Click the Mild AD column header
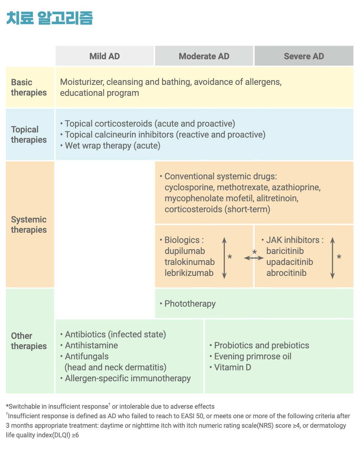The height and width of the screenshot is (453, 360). (x=105, y=56)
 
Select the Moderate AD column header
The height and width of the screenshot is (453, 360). (x=204, y=56)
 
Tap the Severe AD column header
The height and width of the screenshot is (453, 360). (x=304, y=56)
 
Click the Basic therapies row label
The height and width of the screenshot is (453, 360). (x=29, y=87)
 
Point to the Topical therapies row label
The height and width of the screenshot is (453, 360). (x=29, y=135)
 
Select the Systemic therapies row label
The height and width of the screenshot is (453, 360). (x=29, y=225)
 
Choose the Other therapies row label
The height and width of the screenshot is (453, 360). (x=29, y=341)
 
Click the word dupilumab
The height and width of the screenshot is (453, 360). (x=185, y=251)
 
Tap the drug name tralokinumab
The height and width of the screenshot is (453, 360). (x=190, y=262)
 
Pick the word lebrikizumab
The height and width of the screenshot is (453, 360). (x=189, y=273)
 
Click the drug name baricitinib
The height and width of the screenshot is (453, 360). (x=285, y=251)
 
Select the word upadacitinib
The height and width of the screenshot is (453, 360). (x=290, y=262)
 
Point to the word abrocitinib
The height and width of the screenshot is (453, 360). (x=286, y=273)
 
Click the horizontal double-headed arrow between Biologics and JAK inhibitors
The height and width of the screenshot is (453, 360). (x=254, y=258)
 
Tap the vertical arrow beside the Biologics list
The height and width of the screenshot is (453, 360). (x=224, y=258)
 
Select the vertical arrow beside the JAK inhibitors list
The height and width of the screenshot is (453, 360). (x=333, y=258)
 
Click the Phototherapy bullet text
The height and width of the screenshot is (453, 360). (x=190, y=304)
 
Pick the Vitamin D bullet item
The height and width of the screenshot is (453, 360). (x=233, y=367)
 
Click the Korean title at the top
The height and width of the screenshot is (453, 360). (x=50, y=18)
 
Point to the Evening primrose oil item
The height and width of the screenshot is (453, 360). (x=253, y=356)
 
